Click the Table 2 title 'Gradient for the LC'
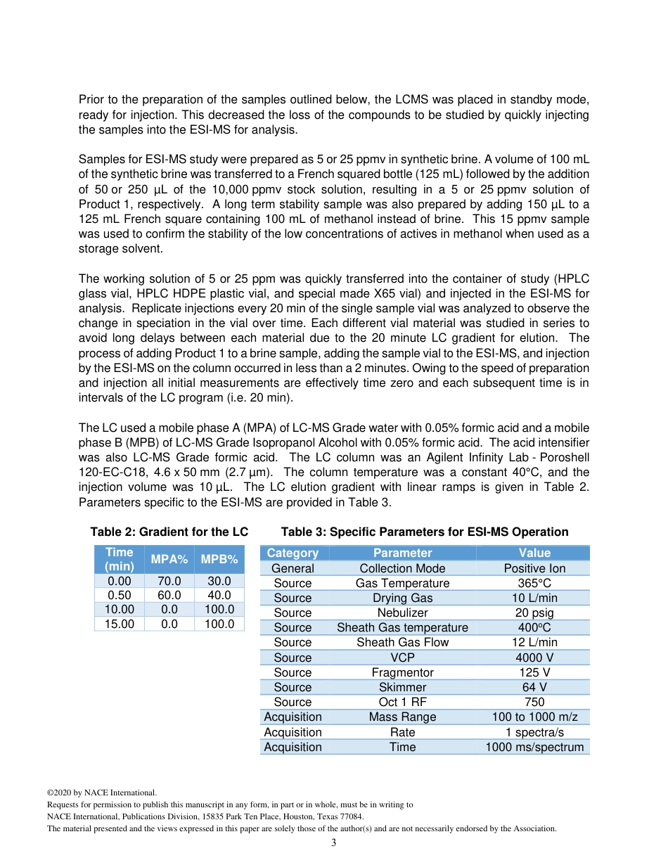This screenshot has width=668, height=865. tap(169, 532)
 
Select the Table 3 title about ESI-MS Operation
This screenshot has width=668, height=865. tap(425, 532)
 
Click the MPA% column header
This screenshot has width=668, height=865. tap(169, 560)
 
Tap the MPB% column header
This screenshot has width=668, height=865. tap(219, 560)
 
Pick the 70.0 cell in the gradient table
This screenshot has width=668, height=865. tap(169, 581)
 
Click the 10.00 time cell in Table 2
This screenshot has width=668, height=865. tap(120, 609)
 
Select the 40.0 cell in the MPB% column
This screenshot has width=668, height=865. tap(219, 595)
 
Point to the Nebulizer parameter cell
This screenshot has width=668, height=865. tap(402, 613)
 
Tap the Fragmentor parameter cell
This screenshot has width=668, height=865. tap(402, 672)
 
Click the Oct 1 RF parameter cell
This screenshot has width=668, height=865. tap(402, 702)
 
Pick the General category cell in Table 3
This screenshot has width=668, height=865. tap(293, 568)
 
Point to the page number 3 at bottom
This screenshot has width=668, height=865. tap(334, 842)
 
